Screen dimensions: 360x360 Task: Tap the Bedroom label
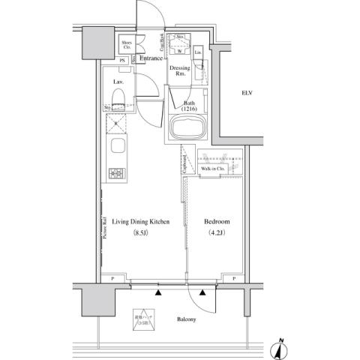tap(217, 223)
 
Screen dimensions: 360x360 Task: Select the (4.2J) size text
tap(217, 234)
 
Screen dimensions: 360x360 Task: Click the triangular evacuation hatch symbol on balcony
tap(143, 319)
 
